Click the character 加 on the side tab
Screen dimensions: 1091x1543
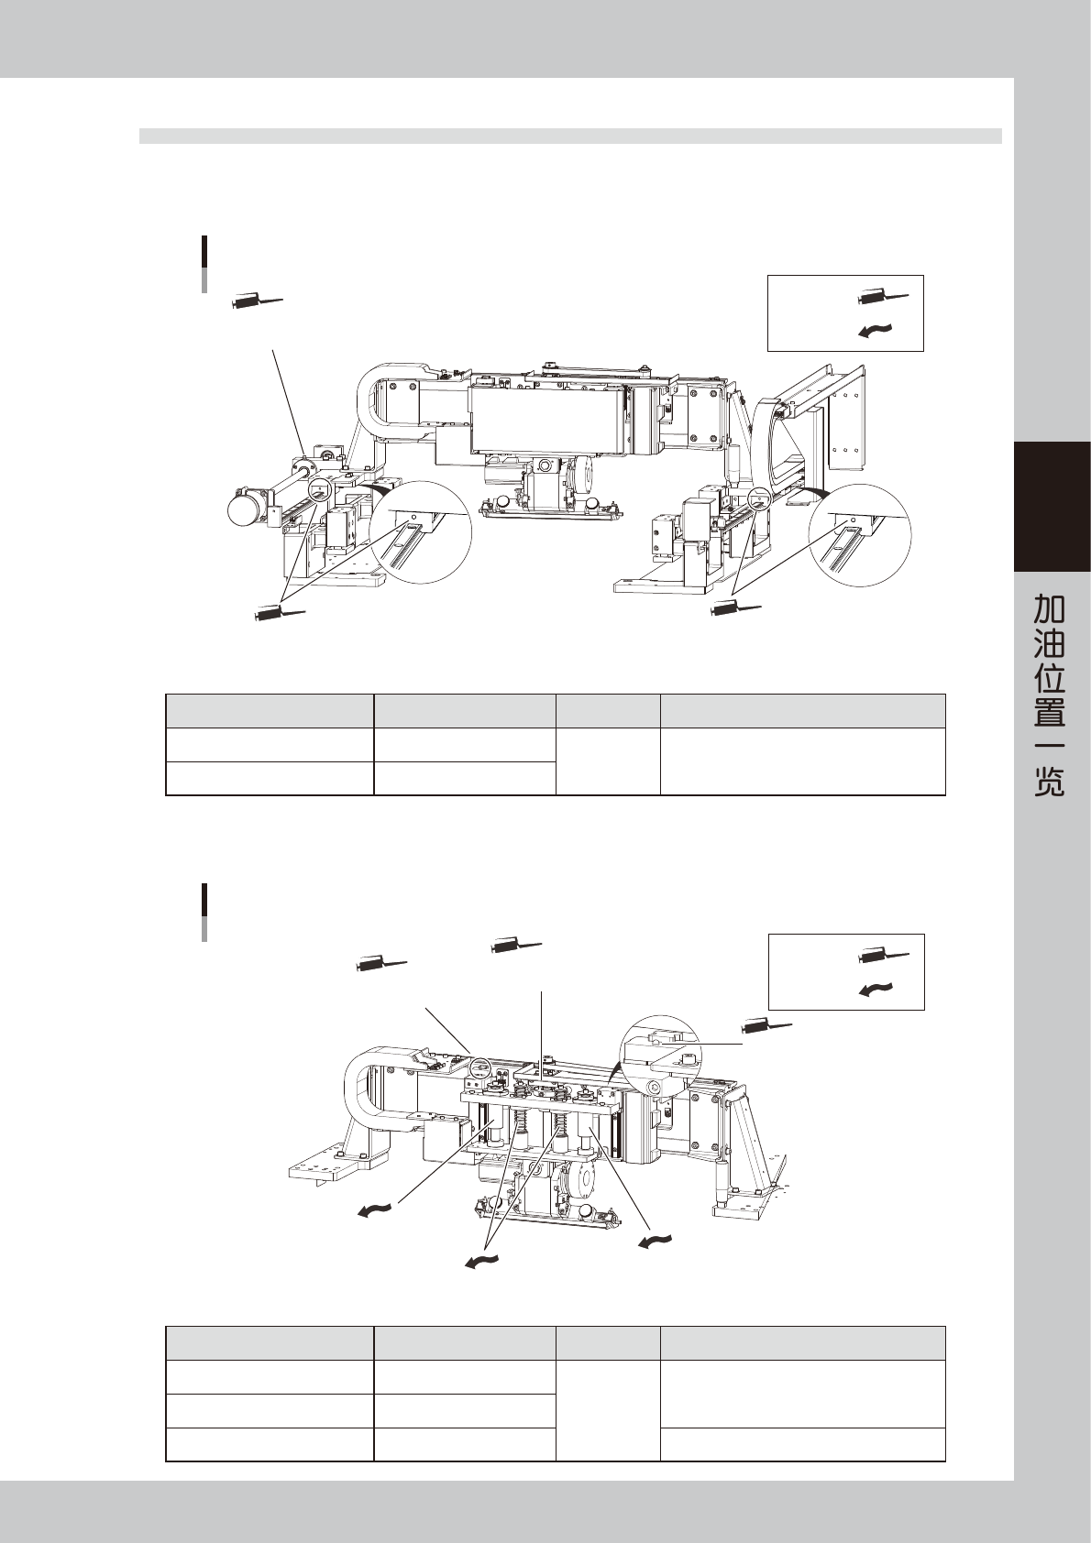tap(1050, 607)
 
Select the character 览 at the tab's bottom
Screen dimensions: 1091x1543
tap(1050, 781)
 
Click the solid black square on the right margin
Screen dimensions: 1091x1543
tap(1052, 507)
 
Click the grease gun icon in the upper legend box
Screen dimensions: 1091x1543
tap(883, 296)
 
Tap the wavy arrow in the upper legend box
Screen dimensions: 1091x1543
tap(875, 331)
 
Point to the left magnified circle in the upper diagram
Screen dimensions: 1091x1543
tap(421, 531)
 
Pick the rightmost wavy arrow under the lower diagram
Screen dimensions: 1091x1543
tap(656, 1242)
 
